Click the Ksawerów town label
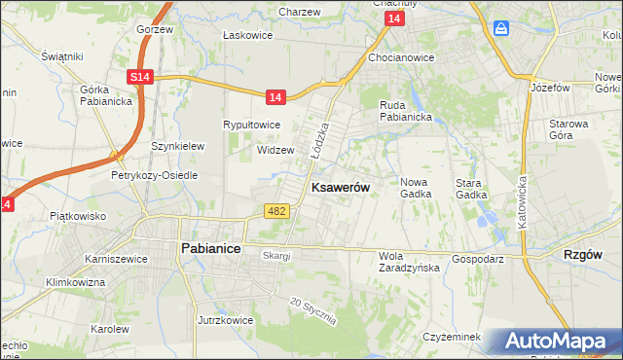[x=339, y=187]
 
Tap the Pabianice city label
[x=211, y=248]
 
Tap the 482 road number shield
[x=275, y=211]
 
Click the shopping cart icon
[x=501, y=28]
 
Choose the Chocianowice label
[x=401, y=57]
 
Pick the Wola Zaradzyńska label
[x=409, y=262]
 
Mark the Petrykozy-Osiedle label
[x=154, y=175]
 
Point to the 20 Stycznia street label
[x=312, y=311]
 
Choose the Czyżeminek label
[x=453, y=337]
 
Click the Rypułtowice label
[x=252, y=125]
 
